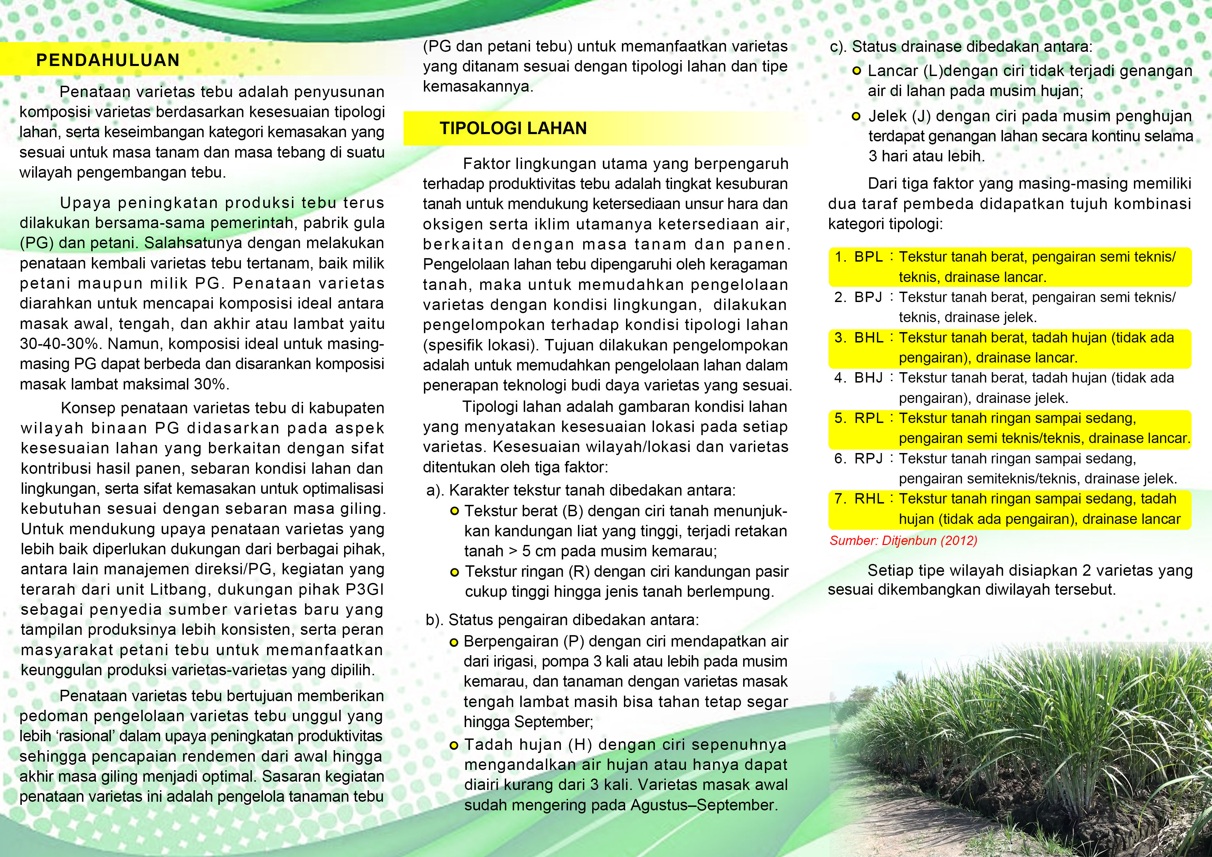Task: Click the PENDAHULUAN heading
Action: coord(108,60)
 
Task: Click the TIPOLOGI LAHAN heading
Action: coord(513,128)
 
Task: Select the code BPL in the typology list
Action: coord(868,257)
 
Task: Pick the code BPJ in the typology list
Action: coord(868,297)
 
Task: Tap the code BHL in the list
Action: coord(868,338)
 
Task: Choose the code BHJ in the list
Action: coord(868,378)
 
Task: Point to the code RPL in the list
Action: coord(868,418)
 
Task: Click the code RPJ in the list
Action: coord(868,459)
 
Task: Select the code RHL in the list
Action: coord(868,499)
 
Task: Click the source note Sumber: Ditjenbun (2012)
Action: coord(903,541)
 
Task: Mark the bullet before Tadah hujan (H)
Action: coord(453,746)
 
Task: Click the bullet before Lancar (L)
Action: coord(857,71)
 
